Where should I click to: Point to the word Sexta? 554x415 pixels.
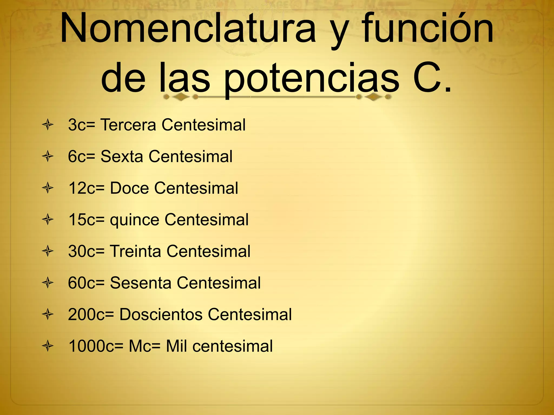pos(122,156)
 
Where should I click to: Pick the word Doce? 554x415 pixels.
pos(129,188)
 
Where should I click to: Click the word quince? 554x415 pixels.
pos(134,220)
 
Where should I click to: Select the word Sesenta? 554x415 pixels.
pos(140,283)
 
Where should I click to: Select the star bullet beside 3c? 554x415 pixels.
pos(48,125)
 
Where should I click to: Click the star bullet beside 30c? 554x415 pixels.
pos(48,252)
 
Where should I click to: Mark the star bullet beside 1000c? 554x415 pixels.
pos(48,346)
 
